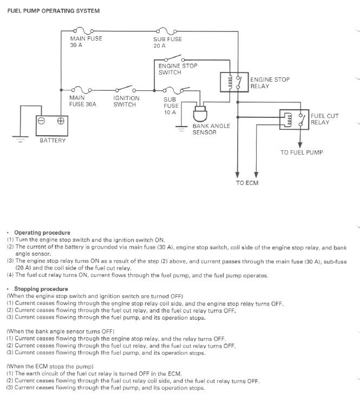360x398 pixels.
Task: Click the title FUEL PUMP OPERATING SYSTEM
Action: [x=54, y=11]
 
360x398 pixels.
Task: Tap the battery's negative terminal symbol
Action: [x=41, y=121]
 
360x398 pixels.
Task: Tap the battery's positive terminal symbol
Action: [x=61, y=121]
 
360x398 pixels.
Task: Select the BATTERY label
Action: [x=53, y=141]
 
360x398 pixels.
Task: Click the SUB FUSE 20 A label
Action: [x=167, y=42]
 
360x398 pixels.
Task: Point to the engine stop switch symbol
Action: [x=174, y=58]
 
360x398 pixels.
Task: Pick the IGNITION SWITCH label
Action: [x=126, y=101]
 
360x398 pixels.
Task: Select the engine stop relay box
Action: [x=234, y=82]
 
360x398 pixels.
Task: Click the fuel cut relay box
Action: [x=294, y=120]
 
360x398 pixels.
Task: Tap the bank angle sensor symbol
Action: [x=200, y=114]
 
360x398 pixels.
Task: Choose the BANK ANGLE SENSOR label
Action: [x=211, y=129]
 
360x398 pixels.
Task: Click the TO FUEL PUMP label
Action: [x=302, y=152]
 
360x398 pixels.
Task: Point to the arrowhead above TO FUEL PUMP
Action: [x=300, y=145]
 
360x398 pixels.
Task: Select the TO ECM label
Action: [x=247, y=183]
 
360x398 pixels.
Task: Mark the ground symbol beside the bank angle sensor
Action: [x=181, y=129]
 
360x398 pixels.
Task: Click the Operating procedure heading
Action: [x=42, y=233]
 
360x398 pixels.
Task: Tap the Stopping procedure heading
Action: [x=41, y=289]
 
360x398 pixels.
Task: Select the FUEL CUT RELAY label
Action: [x=324, y=119]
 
